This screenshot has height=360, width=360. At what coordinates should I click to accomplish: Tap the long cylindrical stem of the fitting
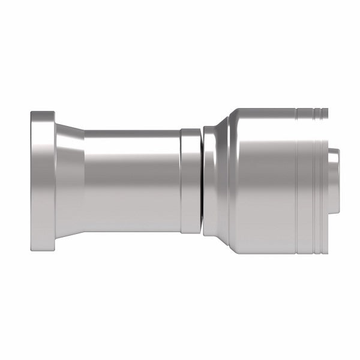pos(132,180)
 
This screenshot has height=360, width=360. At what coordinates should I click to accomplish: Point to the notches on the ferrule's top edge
pos(312,111)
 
